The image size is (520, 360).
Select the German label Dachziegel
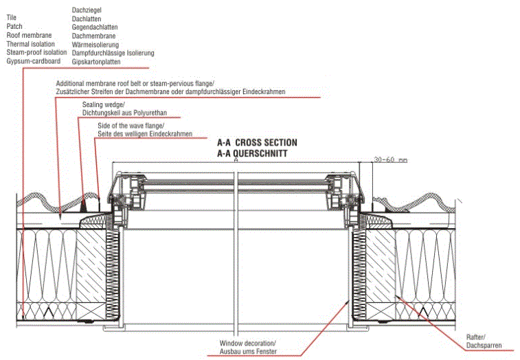click(87, 10)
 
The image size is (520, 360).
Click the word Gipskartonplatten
click(97, 62)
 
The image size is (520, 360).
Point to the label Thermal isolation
click(31, 44)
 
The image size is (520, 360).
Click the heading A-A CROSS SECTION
click(257, 143)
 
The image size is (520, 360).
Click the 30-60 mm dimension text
click(390, 159)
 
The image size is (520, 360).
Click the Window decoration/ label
click(248, 343)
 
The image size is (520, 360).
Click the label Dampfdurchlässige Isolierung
click(113, 53)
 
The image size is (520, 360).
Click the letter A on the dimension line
click(236, 159)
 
